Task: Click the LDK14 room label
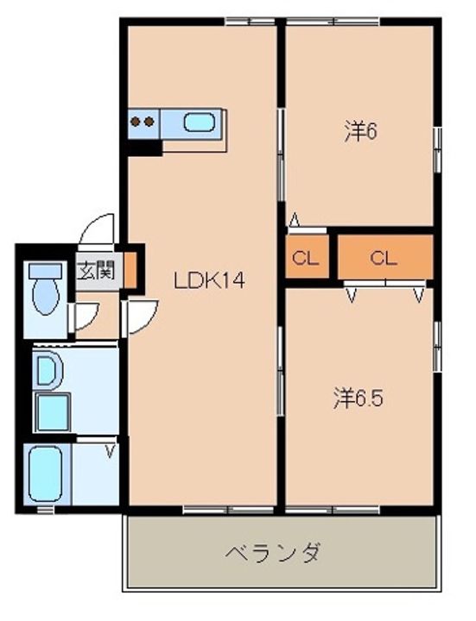[210, 280]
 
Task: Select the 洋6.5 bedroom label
[359, 398]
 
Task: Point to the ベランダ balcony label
[273, 553]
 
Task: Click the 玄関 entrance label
[97, 271]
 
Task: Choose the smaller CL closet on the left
[307, 257]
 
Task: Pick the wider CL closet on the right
[384, 257]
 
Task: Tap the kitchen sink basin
[200, 122]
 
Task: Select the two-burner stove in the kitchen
[143, 122]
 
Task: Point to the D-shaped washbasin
[48, 370]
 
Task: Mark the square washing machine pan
[53, 412]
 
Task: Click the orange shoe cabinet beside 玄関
[130, 270]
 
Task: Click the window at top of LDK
[251, 22]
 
